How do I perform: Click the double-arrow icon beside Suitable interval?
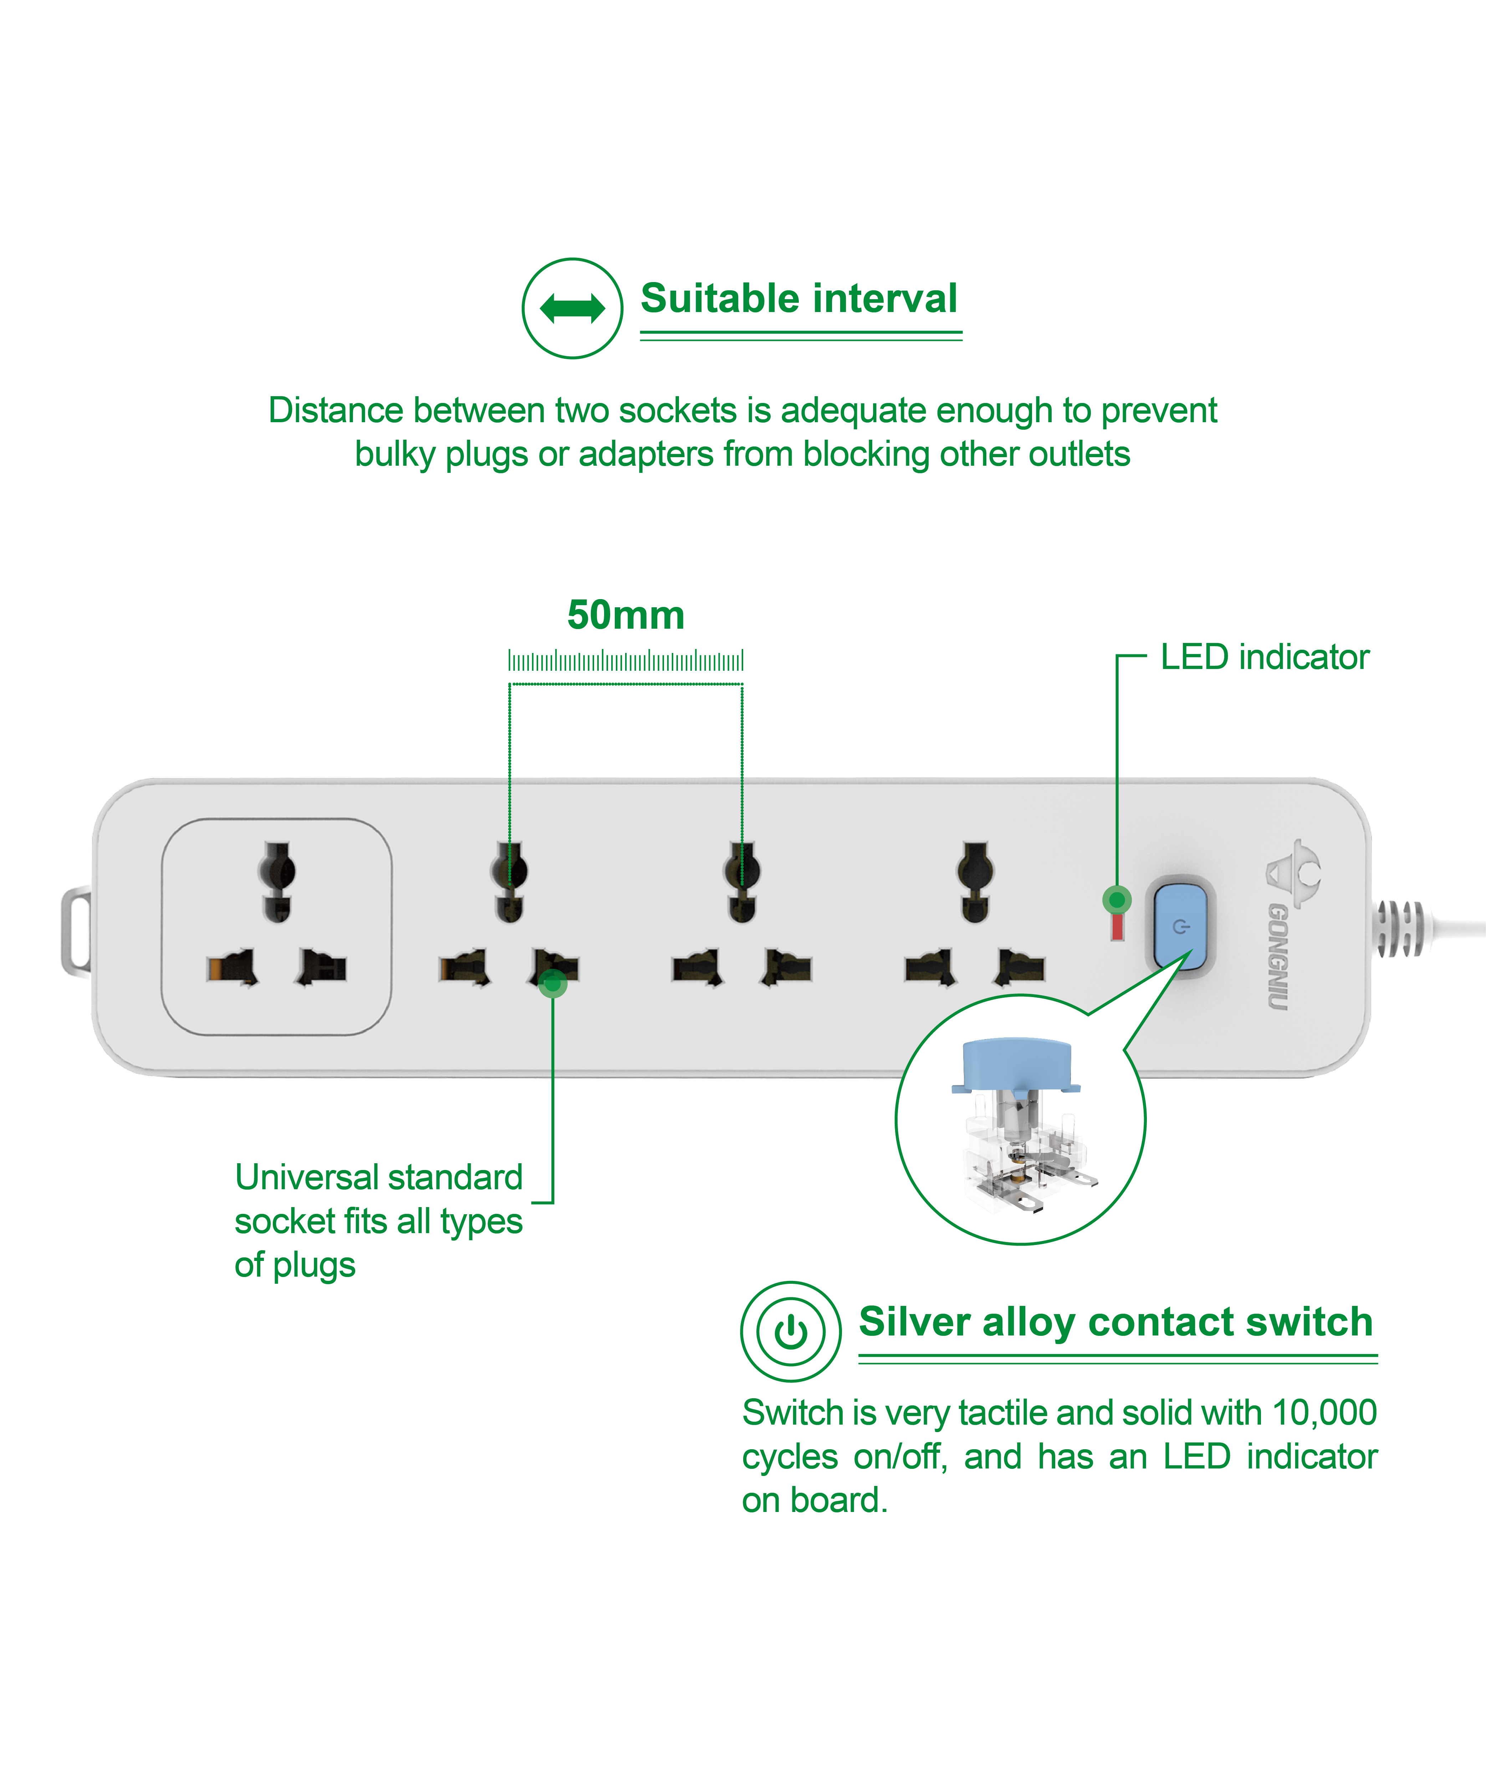[572, 308]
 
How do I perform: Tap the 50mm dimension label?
[626, 615]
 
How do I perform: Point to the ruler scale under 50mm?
[626, 660]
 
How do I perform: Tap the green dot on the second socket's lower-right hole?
[553, 983]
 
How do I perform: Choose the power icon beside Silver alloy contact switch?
[791, 1331]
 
